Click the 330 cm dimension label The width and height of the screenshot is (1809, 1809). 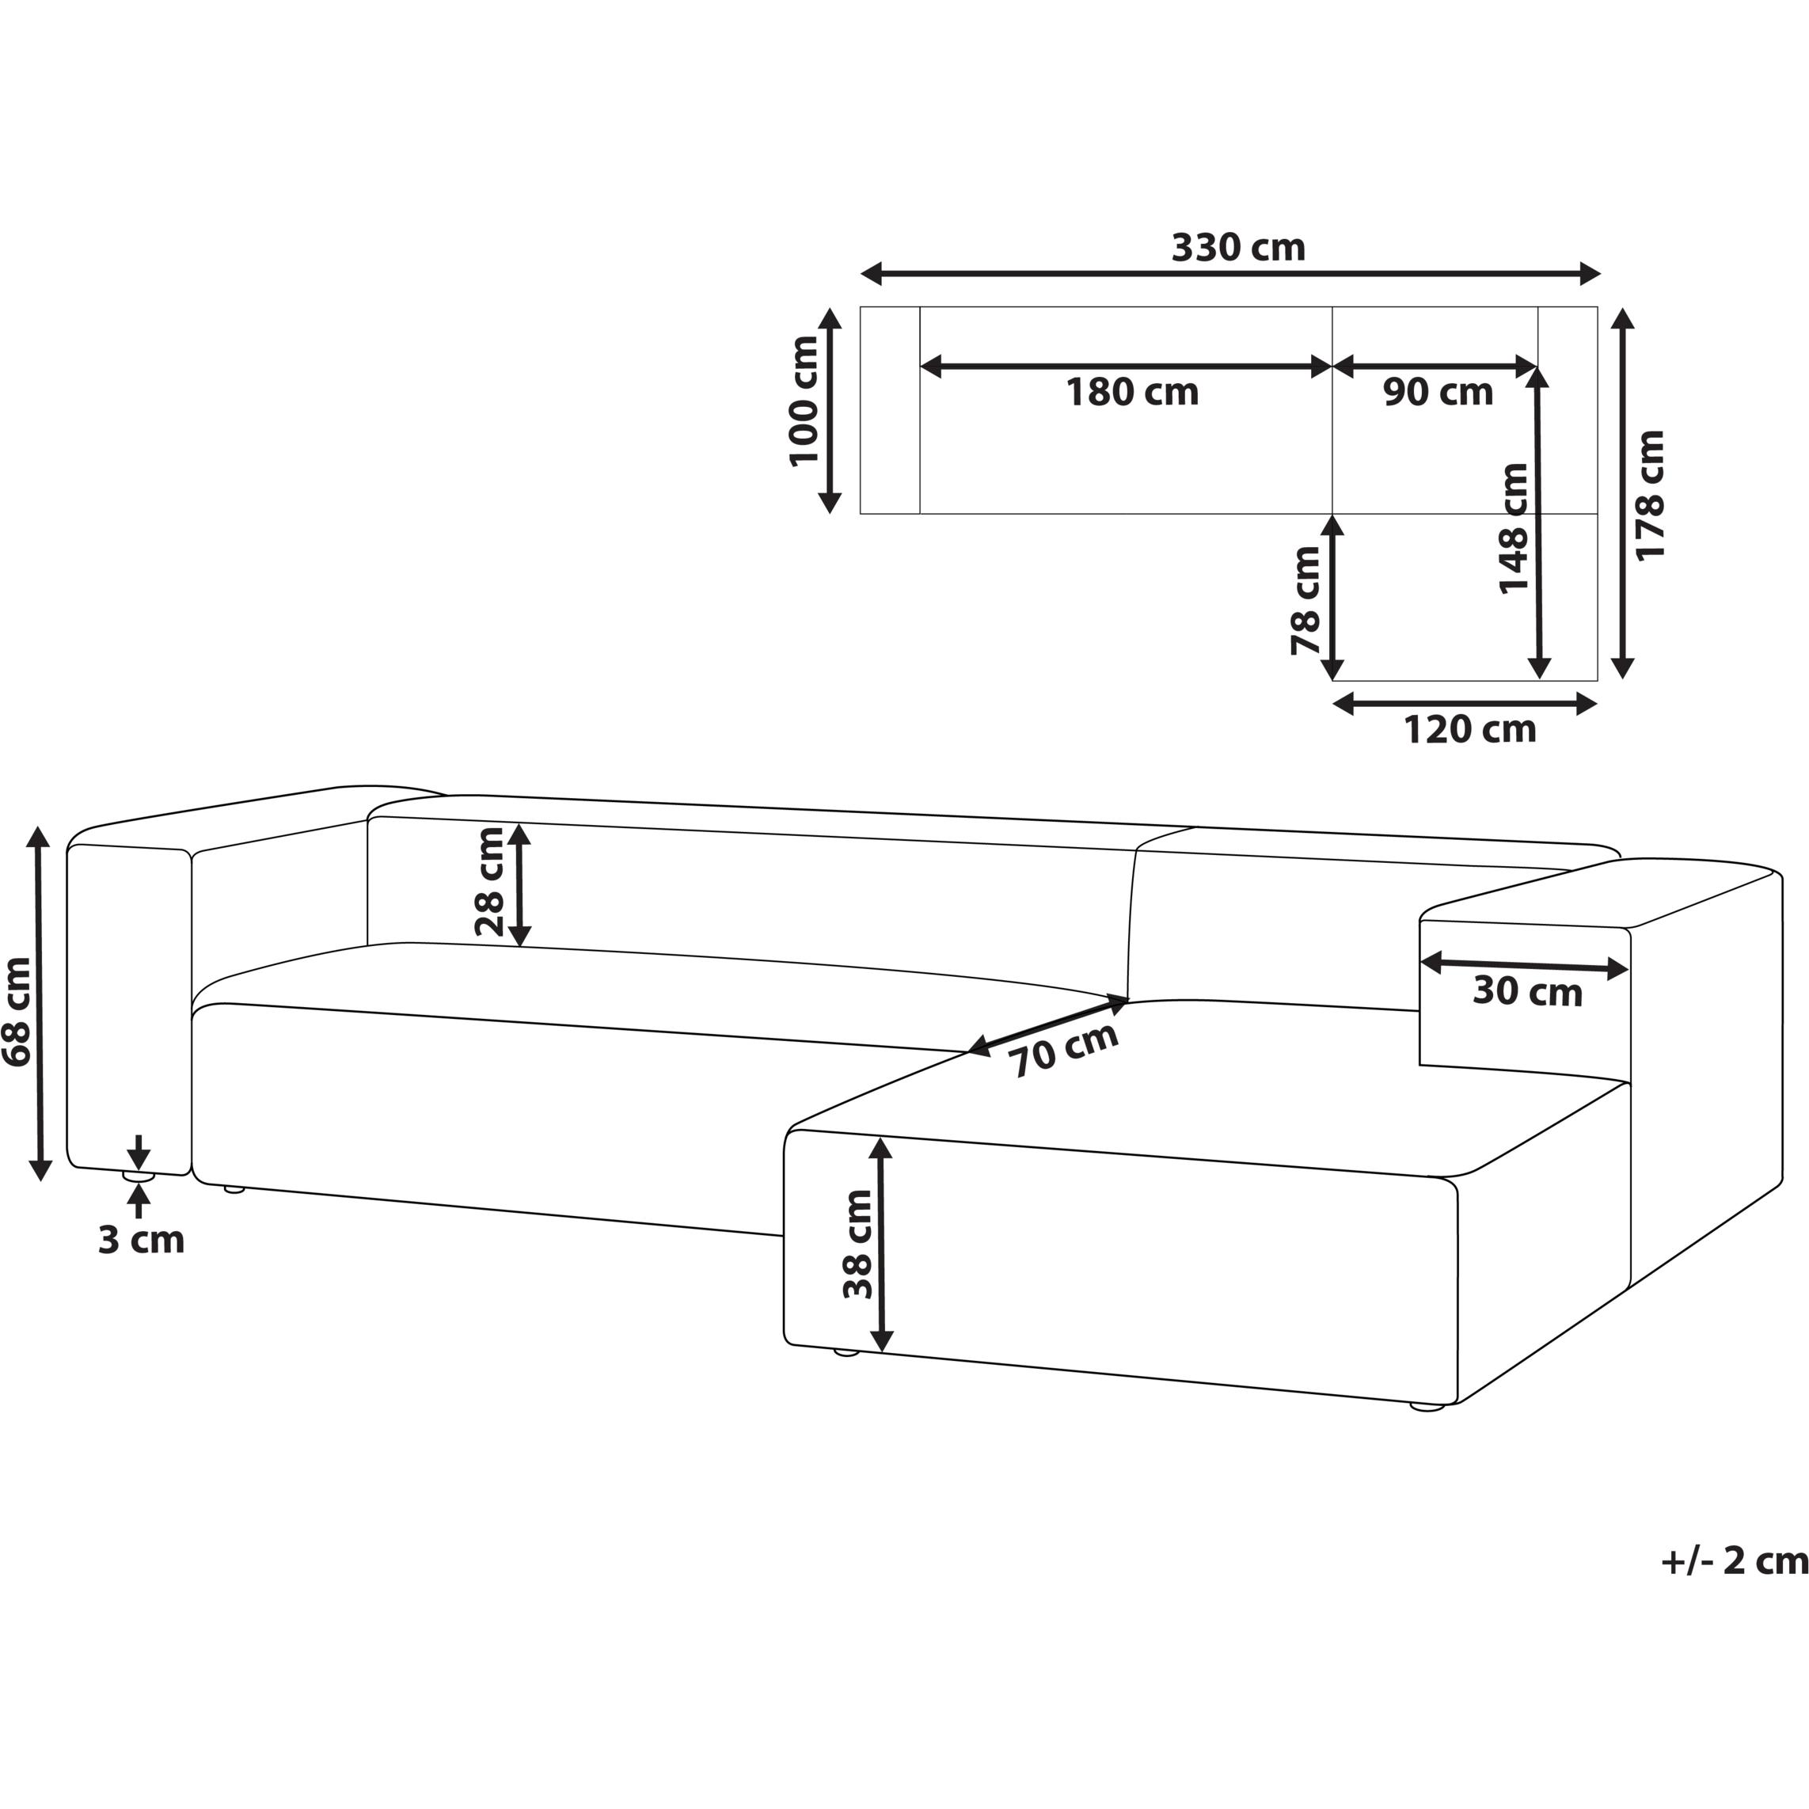1238,247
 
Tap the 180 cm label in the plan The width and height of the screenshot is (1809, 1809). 1132,393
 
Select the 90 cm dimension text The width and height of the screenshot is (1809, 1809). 1438,393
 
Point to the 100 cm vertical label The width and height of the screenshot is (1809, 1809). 804,401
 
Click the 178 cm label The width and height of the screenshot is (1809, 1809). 1649,496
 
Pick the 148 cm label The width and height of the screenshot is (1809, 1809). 1513,529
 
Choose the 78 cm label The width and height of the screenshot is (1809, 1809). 1305,600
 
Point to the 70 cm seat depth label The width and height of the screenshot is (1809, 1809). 1066,1051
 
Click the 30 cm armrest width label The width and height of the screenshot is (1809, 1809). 1527,991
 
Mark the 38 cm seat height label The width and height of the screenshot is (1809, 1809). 857,1245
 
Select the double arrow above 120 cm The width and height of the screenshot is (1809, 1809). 1465,703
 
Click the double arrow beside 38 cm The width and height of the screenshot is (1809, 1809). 881,1245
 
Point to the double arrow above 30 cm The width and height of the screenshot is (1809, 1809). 1524,965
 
